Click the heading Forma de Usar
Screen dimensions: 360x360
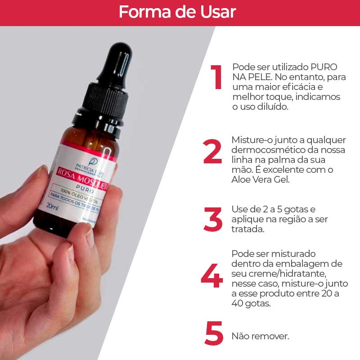point(177,12)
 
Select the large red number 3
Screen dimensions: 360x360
point(213,220)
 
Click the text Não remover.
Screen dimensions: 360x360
point(260,336)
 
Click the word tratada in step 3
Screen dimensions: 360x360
point(247,229)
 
